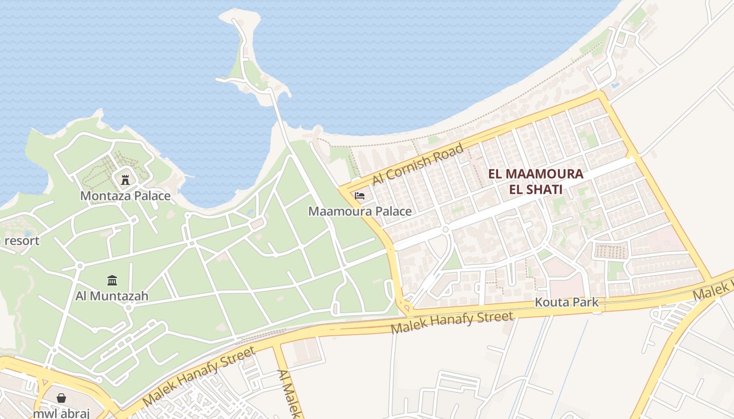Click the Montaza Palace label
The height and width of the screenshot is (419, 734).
pyautogui.click(x=125, y=196)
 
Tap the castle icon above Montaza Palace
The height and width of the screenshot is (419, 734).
pyautogui.click(x=125, y=180)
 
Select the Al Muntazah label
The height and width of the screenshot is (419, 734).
pyautogui.click(x=112, y=296)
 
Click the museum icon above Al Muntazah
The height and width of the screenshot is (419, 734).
pyautogui.click(x=112, y=281)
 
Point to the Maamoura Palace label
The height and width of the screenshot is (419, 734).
pyautogui.click(x=360, y=212)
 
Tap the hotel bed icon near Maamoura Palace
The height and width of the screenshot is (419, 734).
pyautogui.click(x=360, y=196)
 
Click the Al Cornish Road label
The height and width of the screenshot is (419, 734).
pyautogui.click(x=418, y=164)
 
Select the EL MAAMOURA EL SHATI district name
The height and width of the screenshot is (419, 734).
pyautogui.click(x=535, y=182)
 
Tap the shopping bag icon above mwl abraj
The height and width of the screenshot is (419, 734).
pyautogui.click(x=61, y=398)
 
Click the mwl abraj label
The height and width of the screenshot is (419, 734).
pyautogui.click(x=61, y=413)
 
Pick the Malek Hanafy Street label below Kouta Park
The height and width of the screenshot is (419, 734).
pyautogui.click(x=452, y=323)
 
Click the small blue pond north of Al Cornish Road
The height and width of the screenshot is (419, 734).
pyautogui.click(x=615, y=84)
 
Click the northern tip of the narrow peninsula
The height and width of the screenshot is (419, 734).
pyautogui.click(x=239, y=14)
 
